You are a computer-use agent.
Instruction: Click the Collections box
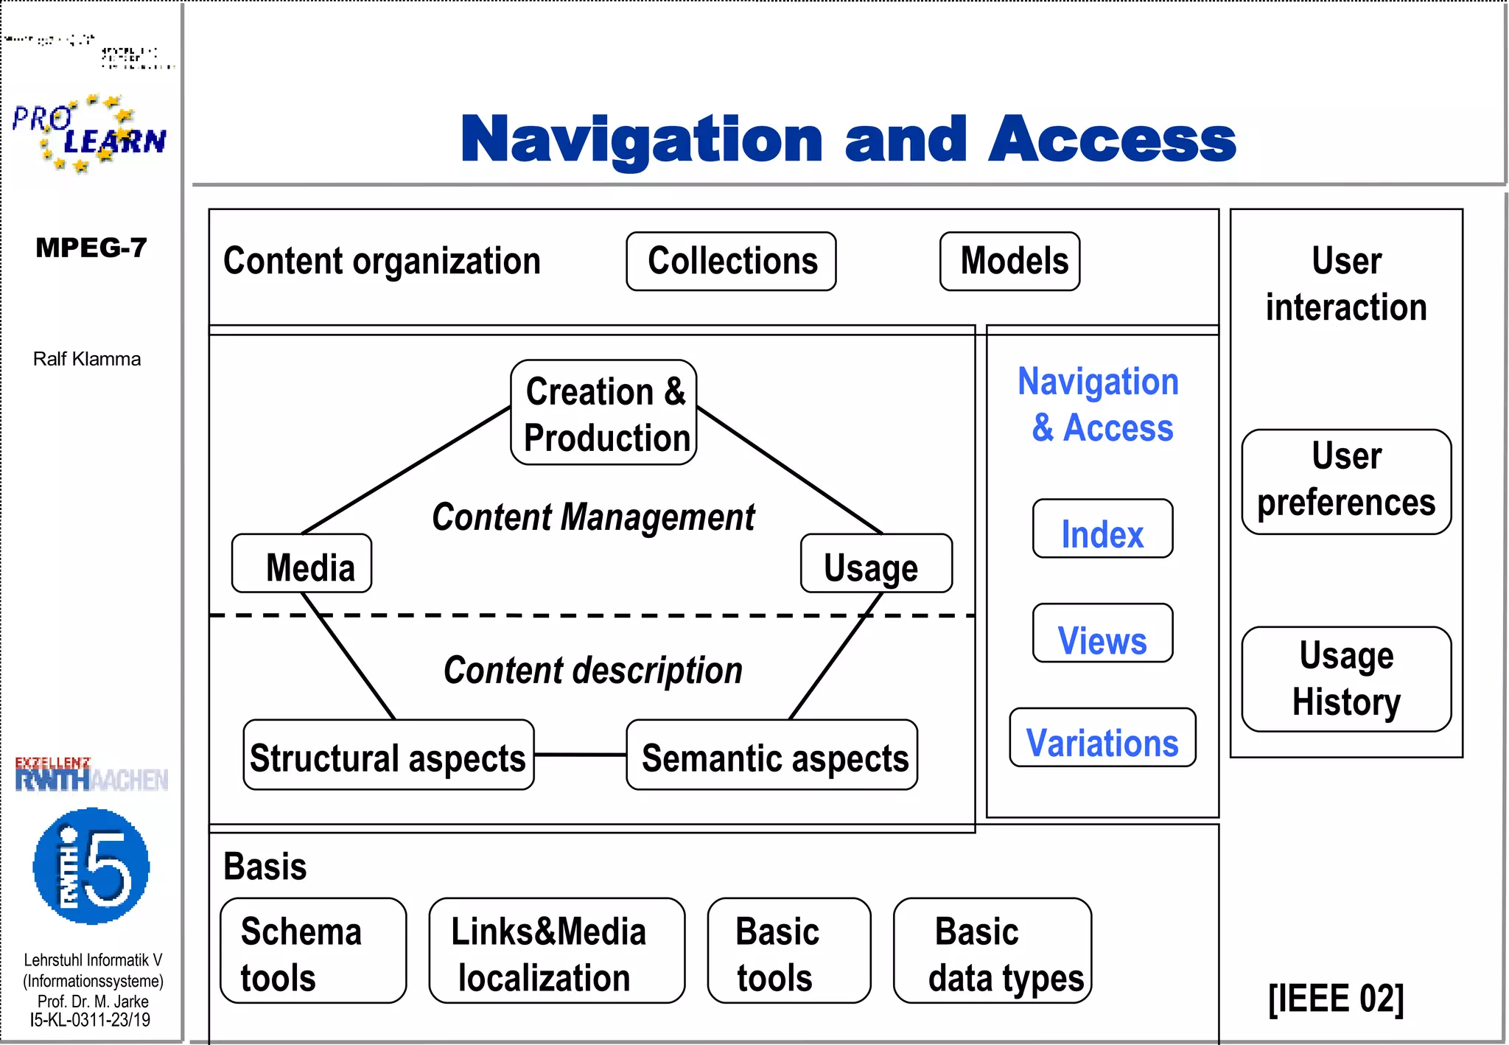point(731,262)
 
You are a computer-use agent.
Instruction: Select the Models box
point(1009,262)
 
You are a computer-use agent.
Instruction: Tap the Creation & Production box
point(603,413)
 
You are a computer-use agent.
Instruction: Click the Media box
point(301,564)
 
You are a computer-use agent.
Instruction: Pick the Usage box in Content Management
point(876,564)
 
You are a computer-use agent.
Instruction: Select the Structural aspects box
point(388,755)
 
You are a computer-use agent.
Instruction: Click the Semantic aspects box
point(771,755)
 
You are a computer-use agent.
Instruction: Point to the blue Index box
point(1102,529)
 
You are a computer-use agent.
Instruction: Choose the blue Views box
point(1102,634)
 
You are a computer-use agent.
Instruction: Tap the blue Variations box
point(1102,738)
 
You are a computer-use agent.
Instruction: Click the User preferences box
point(1346,482)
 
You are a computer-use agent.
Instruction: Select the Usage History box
point(1346,679)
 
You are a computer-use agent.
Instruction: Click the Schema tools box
point(313,951)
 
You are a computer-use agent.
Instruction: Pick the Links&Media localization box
point(557,951)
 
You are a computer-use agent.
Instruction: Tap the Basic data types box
point(992,951)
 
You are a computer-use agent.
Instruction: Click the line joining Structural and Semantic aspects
point(580,755)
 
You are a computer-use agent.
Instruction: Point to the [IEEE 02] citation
point(1336,999)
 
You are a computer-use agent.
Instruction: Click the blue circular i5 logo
point(91,867)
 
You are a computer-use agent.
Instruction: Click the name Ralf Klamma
point(87,359)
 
